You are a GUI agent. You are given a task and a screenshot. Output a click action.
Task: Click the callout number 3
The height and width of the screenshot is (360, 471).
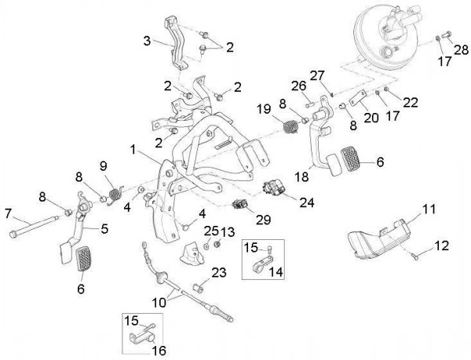[146, 41]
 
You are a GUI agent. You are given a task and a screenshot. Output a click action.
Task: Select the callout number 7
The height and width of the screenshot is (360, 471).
[8, 213]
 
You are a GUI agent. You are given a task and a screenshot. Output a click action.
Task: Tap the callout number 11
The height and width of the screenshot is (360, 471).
[428, 209]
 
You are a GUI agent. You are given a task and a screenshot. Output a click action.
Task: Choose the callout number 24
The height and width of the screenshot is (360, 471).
[305, 201]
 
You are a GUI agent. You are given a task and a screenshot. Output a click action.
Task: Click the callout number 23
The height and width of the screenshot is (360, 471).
[218, 273]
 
